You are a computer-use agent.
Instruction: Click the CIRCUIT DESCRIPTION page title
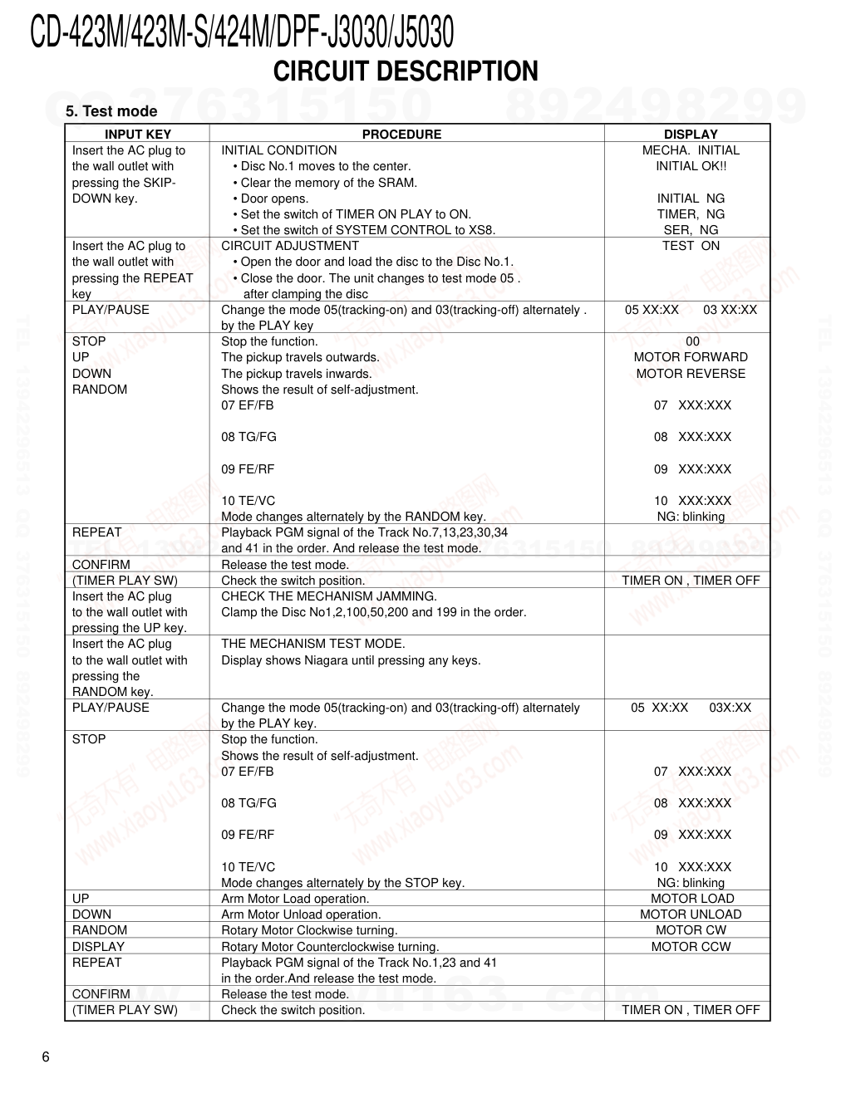(406, 72)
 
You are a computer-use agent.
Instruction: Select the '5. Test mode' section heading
(111, 111)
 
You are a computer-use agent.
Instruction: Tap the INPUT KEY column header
(138, 135)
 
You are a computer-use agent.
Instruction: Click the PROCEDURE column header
(401, 135)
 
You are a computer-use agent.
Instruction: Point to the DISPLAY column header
(690, 135)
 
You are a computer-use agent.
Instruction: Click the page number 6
(46, 1057)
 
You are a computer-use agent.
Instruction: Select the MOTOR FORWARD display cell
(691, 357)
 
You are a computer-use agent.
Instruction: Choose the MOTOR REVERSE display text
(691, 374)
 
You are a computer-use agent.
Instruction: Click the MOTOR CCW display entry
(691, 947)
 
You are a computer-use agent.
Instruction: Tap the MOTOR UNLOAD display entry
(691, 914)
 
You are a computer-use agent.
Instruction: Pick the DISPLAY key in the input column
(98, 947)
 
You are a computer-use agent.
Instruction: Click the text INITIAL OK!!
(691, 166)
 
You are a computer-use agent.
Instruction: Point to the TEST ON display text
(691, 246)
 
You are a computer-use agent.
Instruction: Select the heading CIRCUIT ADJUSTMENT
(290, 246)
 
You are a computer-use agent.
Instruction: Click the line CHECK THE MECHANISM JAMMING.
(328, 596)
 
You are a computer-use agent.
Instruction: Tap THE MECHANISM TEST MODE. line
(313, 644)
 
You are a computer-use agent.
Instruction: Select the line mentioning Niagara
(351, 661)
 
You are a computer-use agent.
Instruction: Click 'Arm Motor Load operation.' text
(295, 899)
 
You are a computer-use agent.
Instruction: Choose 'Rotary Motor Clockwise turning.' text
(309, 930)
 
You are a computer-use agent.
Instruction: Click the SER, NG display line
(691, 230)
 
